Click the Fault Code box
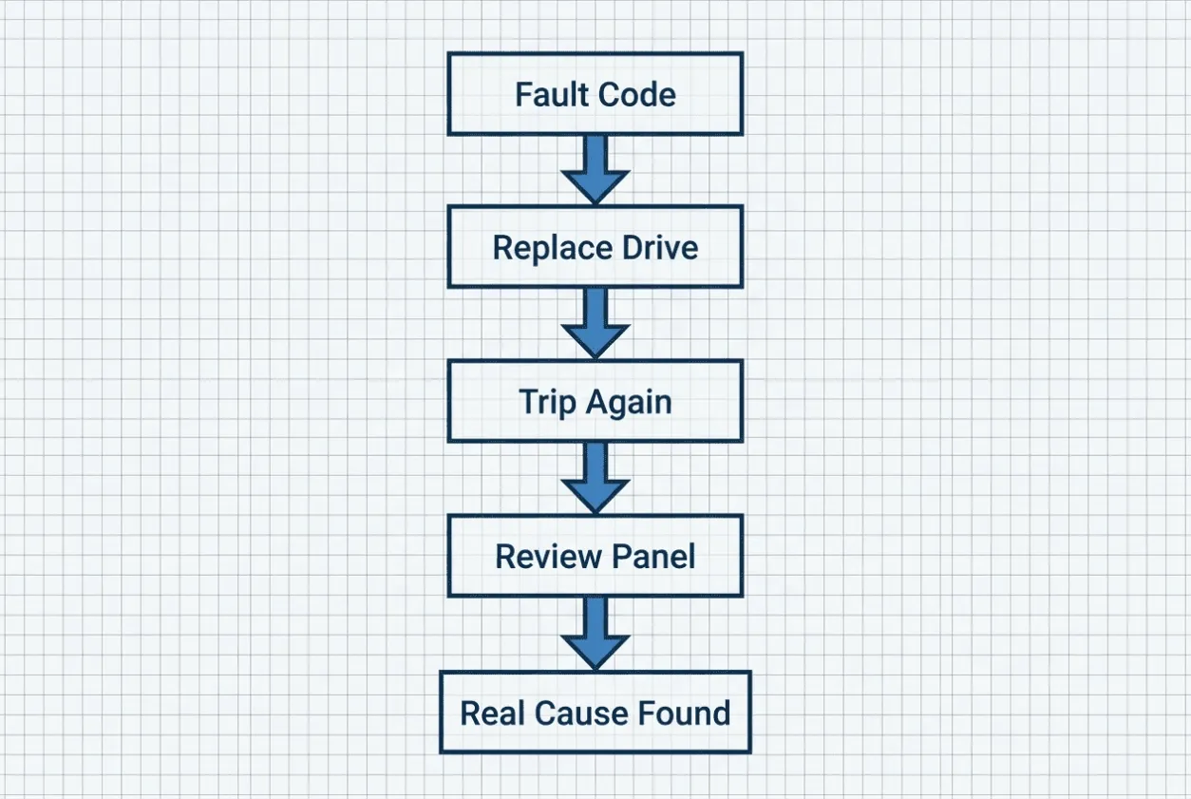595,94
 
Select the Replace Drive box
595,247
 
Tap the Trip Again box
595,401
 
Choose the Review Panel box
595,556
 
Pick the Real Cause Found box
595,713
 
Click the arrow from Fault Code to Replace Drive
595,170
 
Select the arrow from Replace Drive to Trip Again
595,324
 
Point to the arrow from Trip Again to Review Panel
595,478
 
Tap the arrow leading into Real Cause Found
595,634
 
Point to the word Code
636,95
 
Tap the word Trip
547,403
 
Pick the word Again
629,403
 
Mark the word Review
548,557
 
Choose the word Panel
653,557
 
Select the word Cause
581,713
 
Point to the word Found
684,713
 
